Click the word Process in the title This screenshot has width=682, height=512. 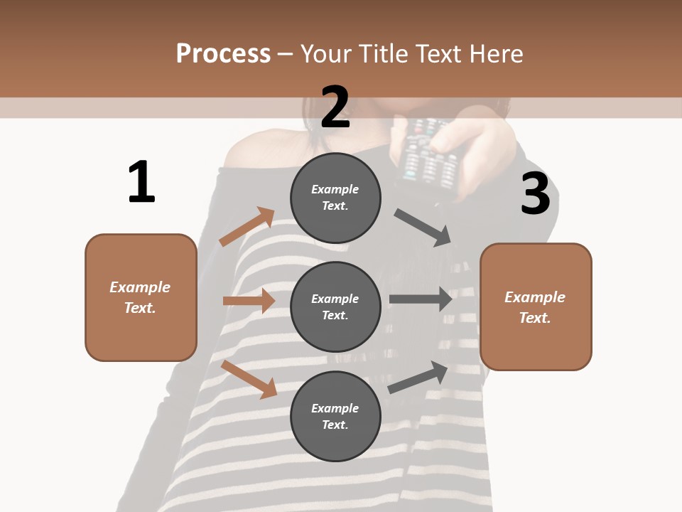[x=223, y=54]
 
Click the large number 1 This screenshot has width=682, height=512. [x=141, y=182]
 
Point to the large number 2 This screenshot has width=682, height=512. [x=335, y=107]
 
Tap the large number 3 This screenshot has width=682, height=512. [x=535, y=194]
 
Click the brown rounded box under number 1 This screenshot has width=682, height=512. [x=141, y=297]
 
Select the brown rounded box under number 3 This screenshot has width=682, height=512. [x=536, y=306]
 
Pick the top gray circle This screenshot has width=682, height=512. [x=335, y=198]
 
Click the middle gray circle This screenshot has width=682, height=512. [x=335, y=306]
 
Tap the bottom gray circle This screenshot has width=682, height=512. [x=335, y=416]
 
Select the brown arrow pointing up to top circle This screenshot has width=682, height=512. [x=247, y=226]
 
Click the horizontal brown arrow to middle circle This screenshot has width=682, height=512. [x=249, y=301]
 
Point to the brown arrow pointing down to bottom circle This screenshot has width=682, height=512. [x=249, y=379]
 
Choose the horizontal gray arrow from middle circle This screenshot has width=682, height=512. [x=420, y=299]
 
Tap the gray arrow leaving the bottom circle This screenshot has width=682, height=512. [x=418, y=377]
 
